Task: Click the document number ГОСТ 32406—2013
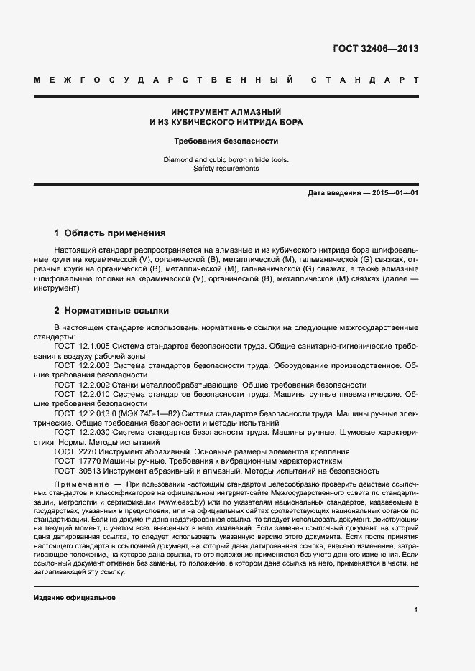click(x=375, y=49)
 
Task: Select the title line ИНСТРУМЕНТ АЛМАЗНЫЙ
click(x=226, y=112)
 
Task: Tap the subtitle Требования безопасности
click(x=226, y=141)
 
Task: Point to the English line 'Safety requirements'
click(x=226, y=169)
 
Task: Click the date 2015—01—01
click(x=394, y=194)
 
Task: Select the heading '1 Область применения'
click(x=110, y=233)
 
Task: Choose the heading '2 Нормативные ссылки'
click(x=111, y=311)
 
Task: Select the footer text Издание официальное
click(x=75, y=577)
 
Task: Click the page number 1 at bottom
click(x=416, y=610)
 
